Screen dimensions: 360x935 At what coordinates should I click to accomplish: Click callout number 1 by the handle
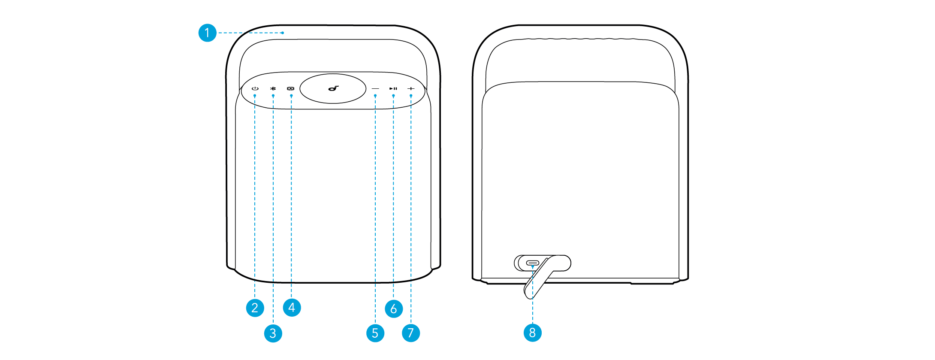(207, 33)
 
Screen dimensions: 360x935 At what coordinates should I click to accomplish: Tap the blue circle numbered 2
(255, 308)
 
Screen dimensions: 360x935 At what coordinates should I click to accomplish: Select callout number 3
(273, 333)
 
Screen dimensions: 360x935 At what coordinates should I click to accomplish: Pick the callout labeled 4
(292, 308)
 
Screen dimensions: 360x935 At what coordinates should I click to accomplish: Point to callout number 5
(375, 333)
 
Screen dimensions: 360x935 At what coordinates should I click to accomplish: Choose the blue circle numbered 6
(394, 309)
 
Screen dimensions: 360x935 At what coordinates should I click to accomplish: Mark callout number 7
(411, 333)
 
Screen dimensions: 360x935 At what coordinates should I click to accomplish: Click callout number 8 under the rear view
(532, 333)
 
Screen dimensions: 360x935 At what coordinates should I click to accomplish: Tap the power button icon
(255, 89)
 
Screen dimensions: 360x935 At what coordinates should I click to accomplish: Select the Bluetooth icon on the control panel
(273, 89)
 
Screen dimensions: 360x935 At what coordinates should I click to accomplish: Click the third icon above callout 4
(291, 89)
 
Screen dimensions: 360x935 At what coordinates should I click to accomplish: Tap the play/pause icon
(393, 89)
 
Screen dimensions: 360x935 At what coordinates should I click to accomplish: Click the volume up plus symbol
(411, 89)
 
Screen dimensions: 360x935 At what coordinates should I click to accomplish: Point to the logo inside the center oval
(333, 88)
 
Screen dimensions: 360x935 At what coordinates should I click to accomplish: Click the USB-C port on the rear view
(533, 263)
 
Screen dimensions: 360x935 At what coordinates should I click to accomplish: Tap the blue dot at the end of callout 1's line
(283, 33)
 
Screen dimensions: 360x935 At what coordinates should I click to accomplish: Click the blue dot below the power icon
(255, 96)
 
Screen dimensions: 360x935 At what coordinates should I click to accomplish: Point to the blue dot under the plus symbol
(411, 96)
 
